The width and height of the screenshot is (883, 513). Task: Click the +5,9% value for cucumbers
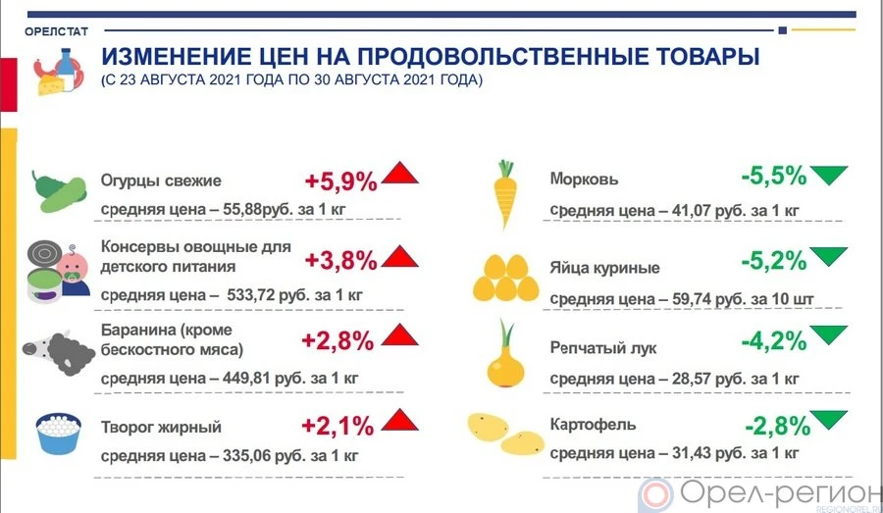(x=340, y=181)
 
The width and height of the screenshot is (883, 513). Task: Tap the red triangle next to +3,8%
(x=400, y=256)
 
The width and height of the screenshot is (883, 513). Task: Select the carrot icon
(x=505, y=194)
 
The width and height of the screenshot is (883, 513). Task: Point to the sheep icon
(x=59, y=352)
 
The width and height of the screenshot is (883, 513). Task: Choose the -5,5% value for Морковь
(x=774, y=177)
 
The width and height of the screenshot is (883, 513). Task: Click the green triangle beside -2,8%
(x=828, y=420)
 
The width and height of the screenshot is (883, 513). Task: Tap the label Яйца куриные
(x=604, y=268)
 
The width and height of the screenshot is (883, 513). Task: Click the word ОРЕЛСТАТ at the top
(x=56, y=31)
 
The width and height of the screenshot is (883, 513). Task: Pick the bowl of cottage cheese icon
(x=59, y=433)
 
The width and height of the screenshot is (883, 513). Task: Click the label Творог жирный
(x=161, y=427)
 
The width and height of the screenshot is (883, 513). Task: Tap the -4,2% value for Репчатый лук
(x=774, y=340)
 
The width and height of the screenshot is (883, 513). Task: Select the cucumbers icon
(x=59, y=191)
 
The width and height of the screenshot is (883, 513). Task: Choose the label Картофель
(x=593, y=424)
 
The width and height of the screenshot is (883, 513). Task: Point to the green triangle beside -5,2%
(x=828, y=256)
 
